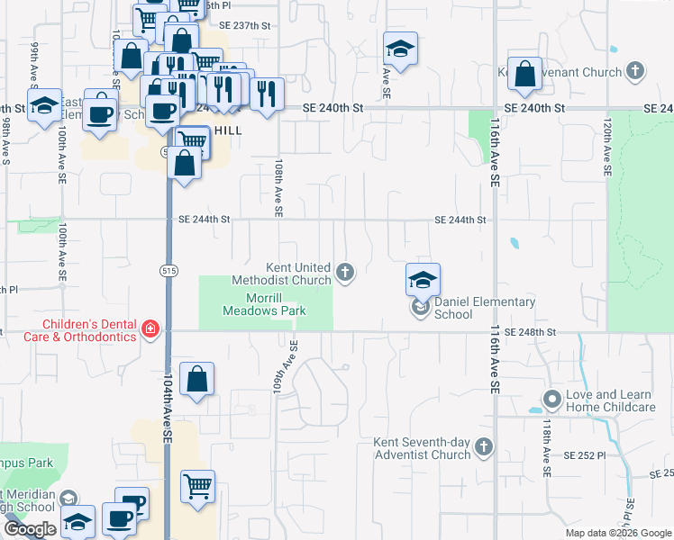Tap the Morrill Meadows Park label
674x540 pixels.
[265, 304]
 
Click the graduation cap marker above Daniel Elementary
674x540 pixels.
[422, 281]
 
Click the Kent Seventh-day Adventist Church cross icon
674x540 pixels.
[484, 446]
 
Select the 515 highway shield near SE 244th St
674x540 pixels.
[173, 269]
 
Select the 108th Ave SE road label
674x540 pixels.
[278, 189]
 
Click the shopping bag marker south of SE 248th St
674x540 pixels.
[197, 380]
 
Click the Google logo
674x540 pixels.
[30, 529]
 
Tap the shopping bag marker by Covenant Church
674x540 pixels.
[524, 75]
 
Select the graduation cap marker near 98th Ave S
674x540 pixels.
[43, 106]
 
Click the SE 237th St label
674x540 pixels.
[244, 26]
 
